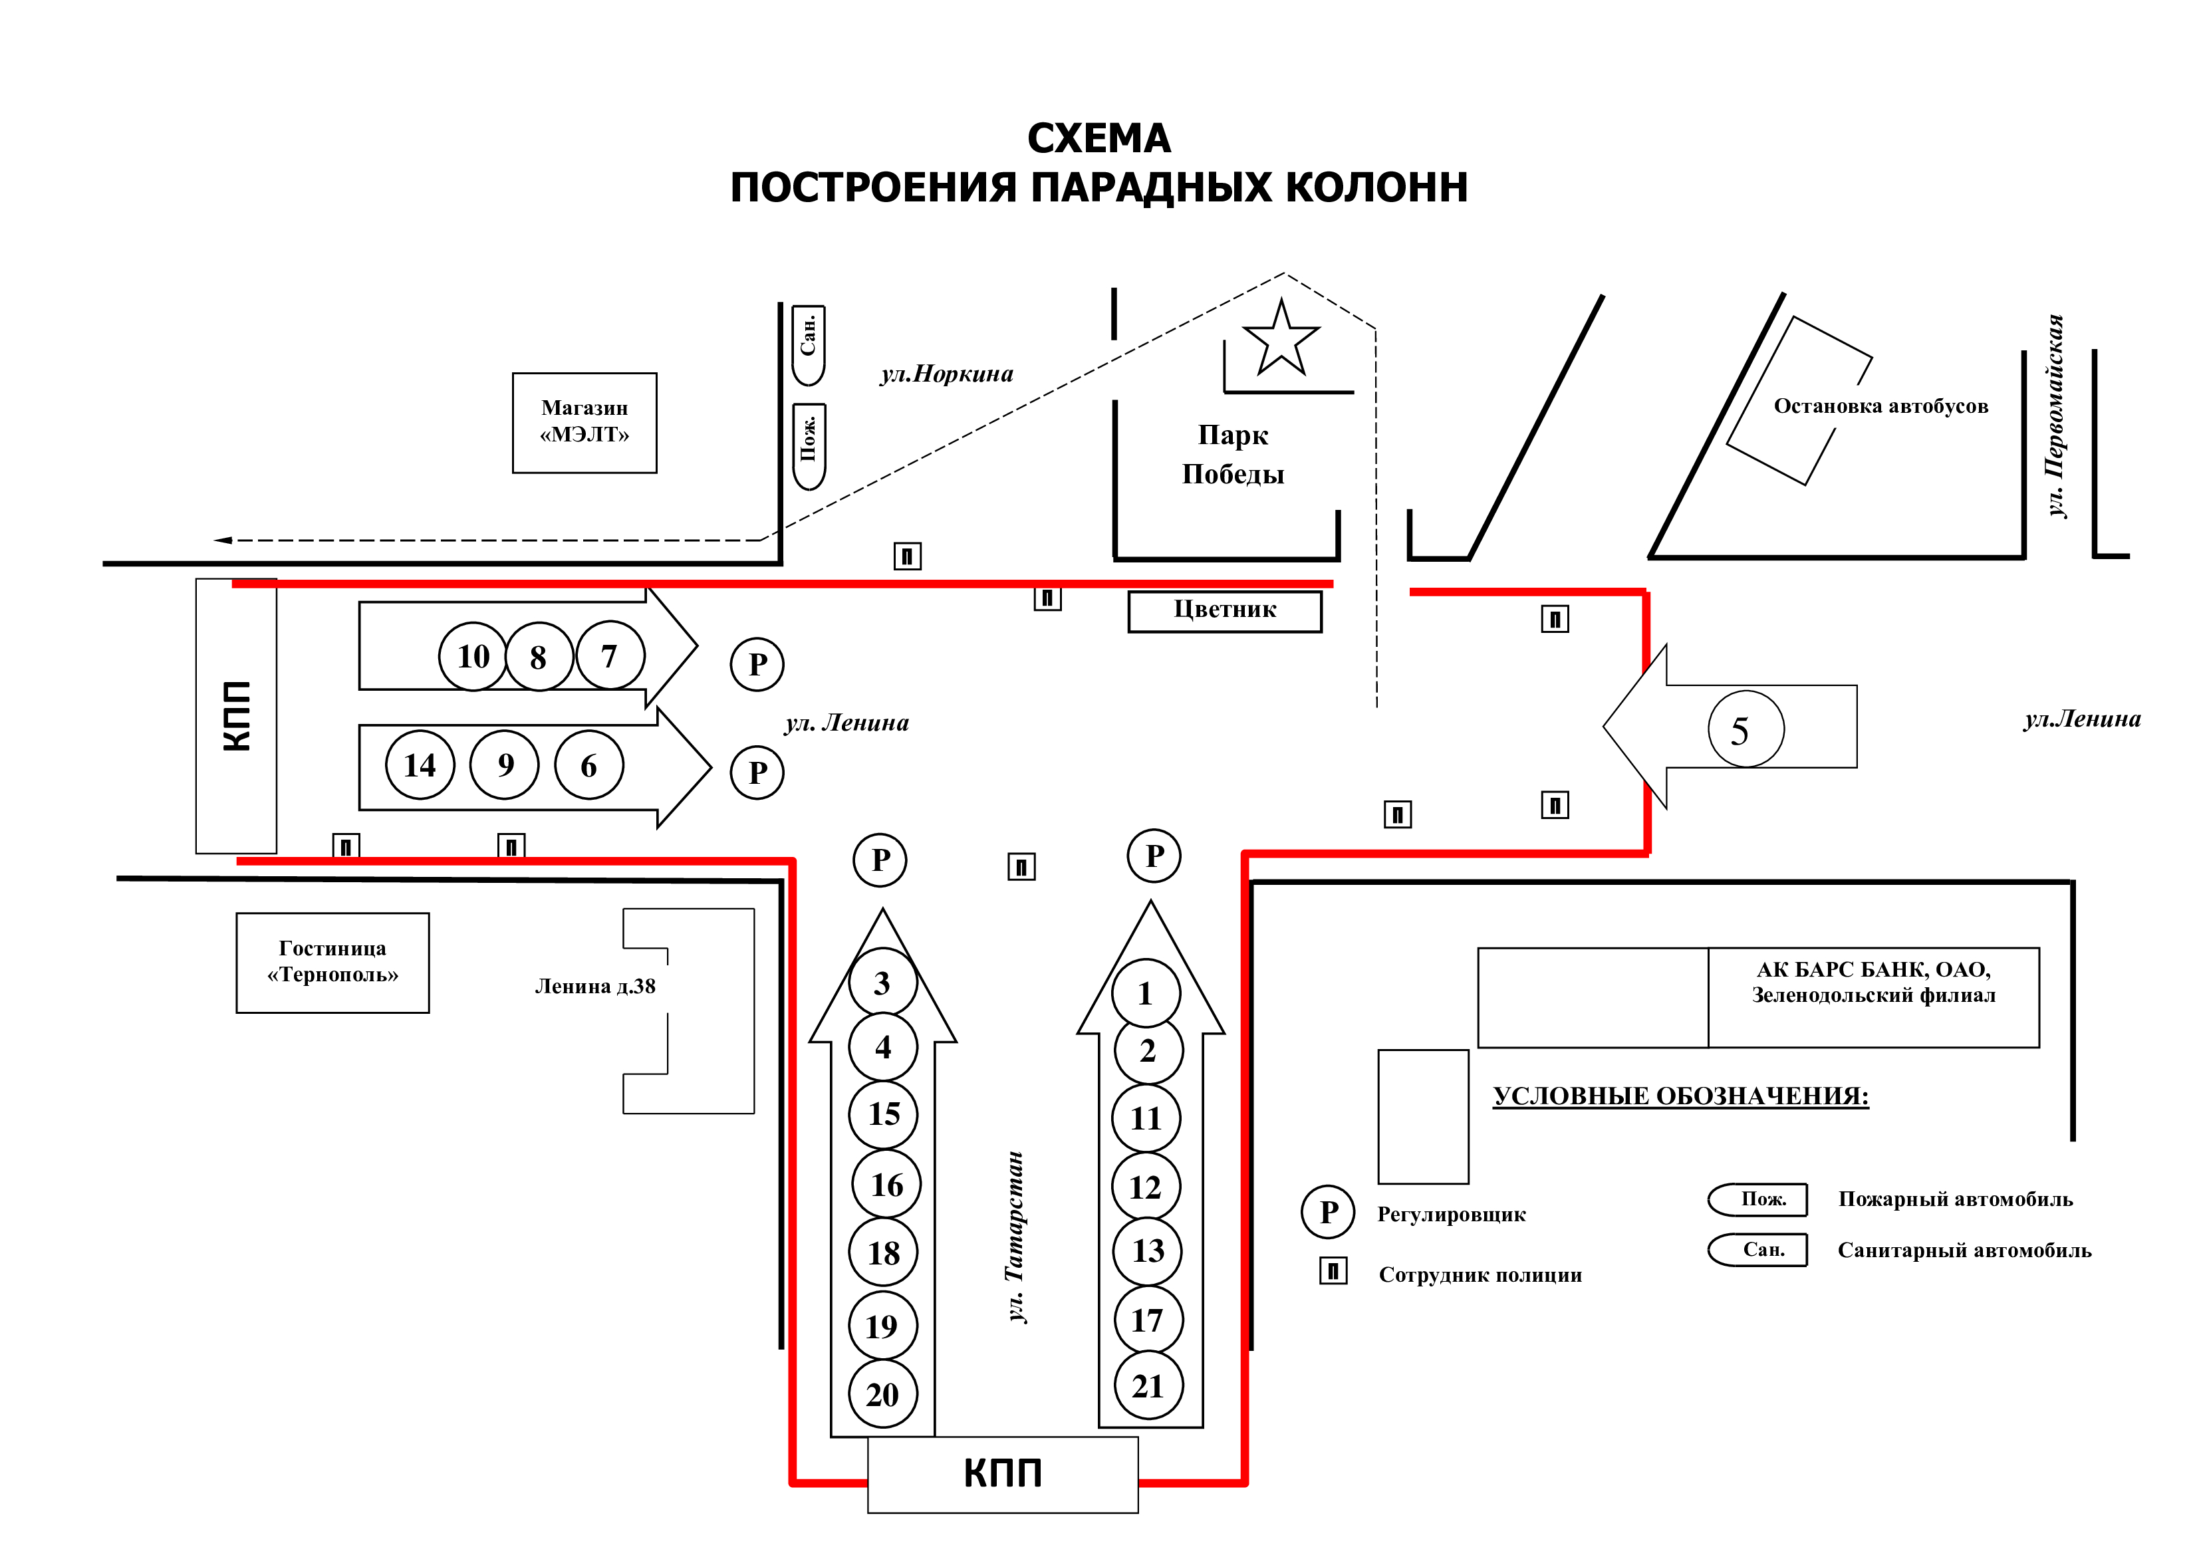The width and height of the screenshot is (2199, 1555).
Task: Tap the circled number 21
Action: pos(1148,1385)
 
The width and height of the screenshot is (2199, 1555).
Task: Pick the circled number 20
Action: pos(882,1393)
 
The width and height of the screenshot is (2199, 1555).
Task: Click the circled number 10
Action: pos(473,656)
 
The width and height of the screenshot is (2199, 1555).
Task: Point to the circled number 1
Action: pos(1146,993)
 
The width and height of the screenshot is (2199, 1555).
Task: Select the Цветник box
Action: pos(1224,611)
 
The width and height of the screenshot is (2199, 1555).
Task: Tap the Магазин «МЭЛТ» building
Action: pos(584,422)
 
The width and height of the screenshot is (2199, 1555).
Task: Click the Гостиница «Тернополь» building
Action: pos(332,962)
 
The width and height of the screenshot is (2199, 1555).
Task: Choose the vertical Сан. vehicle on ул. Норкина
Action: pos(809,344)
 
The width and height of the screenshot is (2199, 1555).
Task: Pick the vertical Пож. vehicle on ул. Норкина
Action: pos(809,445)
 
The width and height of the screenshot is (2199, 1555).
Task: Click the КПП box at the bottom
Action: pos(1002,1474)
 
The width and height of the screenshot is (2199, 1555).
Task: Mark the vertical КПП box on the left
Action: pos(235,715)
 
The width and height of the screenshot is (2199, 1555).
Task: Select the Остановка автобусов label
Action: pos(1880,406)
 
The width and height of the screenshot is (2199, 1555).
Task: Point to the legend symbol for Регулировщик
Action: pos(1327,1211)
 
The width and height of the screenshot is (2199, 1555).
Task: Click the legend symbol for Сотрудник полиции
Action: pos(1333,1270)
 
